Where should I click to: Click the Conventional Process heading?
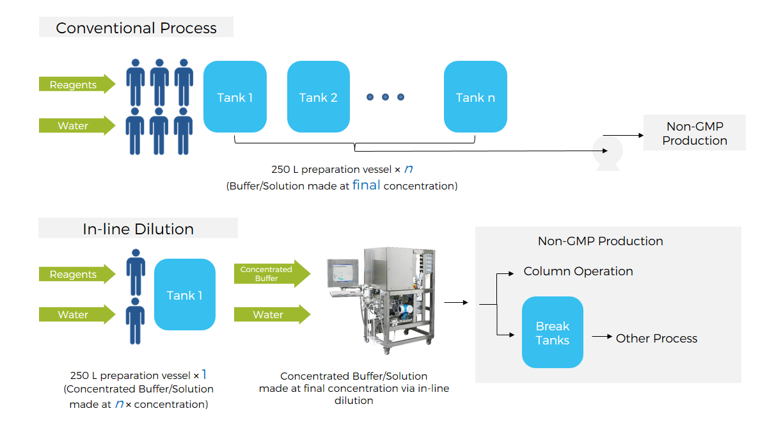(x=136, y=28)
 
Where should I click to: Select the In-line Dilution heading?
(x=138, y=229)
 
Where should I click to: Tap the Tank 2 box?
(x=319, y=97)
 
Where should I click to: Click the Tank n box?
(x=475, y=97)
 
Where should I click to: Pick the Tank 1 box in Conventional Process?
(x=235, y=97)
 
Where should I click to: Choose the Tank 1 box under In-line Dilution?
(x=185, y=295)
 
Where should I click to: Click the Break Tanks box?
(x=553, y=332)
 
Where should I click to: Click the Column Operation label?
(x=578, y=271)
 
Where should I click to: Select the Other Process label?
(x=656, y=338)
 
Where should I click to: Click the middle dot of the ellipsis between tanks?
(x=385, y=97)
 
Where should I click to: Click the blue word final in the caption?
(x=367, y=185)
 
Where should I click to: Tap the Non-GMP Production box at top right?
(x=695, y=133)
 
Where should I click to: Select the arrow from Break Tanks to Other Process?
(x=601, y=337)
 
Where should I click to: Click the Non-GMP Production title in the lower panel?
(x=600, y=241)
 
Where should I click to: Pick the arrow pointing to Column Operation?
(x=505, y=273)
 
